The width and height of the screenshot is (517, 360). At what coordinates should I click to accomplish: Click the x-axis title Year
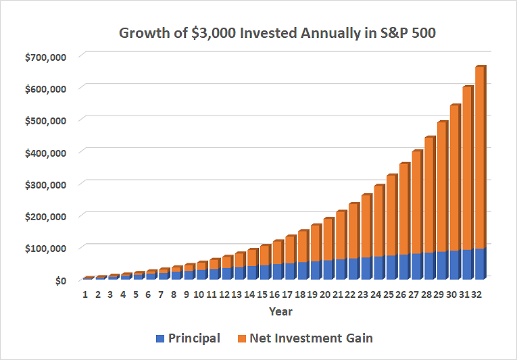(x=281, y=311)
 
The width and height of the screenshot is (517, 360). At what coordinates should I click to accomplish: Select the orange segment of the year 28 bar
(x=429, y=196)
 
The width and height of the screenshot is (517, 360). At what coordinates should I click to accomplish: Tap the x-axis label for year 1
(x=85, y=294)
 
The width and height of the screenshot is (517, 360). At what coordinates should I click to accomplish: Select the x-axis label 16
(x=276, y=294)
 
